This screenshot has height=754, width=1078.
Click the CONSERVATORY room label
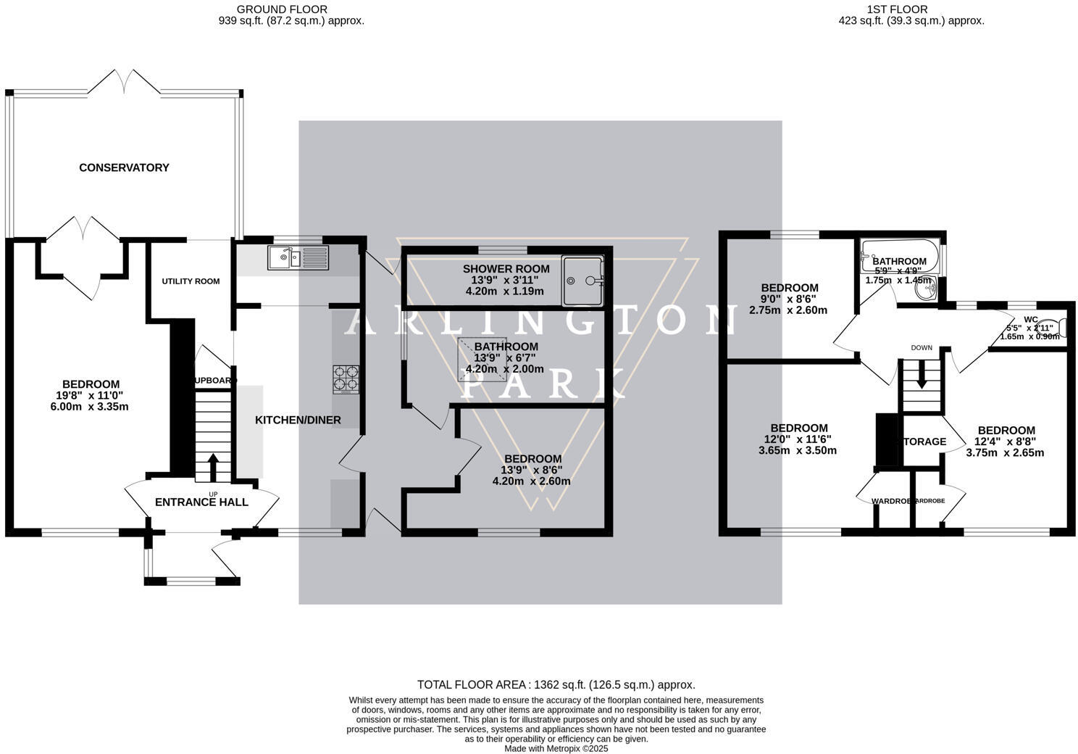(124, 167)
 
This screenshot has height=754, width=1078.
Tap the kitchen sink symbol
(298, 257)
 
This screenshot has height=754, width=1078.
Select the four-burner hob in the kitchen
(346, 379)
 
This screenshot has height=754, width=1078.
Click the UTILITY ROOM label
(191, 281)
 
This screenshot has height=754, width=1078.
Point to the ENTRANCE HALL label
(201, 502)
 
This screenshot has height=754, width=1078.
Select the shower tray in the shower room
(582, 281)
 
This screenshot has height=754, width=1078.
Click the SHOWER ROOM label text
(506, 269)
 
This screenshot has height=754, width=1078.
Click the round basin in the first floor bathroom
(925, 289)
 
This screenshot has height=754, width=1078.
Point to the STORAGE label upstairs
(923, 442)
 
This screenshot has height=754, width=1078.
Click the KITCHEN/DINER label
(298, 420)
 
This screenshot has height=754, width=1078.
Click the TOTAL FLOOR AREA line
(556, 684)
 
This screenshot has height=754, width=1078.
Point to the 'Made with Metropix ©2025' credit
(556, 748)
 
